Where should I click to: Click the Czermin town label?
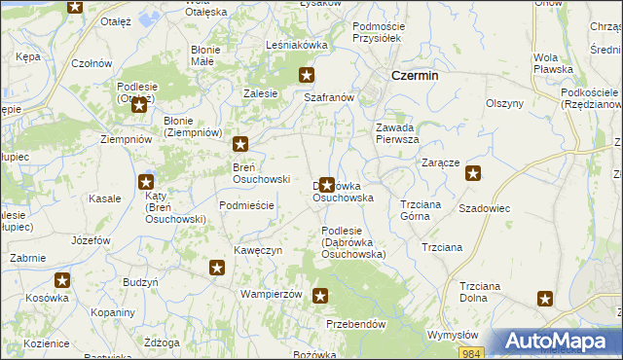(414, 76)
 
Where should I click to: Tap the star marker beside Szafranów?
(307, 75)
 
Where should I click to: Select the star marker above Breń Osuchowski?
(240, 145)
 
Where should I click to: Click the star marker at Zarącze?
(473, 174)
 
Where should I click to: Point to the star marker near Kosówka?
(62, 281)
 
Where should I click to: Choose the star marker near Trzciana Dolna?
(545, 300)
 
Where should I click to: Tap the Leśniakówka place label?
(297, 45)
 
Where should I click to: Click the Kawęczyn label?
(258, 250)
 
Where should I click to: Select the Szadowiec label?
(485, 209)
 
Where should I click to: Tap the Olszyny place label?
(505, 102)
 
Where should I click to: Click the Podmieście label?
(247, 205)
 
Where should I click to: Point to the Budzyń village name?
(141, 281)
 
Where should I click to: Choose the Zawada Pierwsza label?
(397, 132)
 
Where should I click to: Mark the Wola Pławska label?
(552, 63)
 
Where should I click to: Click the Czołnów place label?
(92, 63)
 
